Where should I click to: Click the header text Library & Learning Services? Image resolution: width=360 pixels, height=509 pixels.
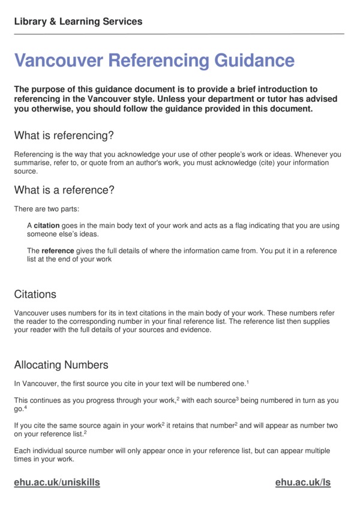78,22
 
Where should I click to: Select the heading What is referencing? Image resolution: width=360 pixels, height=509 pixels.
64,134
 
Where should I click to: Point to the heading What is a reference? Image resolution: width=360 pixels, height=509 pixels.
64,190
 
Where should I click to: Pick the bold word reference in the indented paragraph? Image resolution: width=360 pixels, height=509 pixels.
58,251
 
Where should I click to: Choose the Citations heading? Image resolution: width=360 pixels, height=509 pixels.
35,294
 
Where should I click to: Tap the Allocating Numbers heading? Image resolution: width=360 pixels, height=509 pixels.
61,365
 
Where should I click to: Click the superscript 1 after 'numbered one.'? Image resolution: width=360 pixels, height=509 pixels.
248,382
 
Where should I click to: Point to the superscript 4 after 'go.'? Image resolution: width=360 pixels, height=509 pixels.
25,407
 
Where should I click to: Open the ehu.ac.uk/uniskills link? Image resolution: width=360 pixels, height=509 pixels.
57,482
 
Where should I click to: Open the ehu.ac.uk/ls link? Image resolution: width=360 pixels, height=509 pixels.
303,482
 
